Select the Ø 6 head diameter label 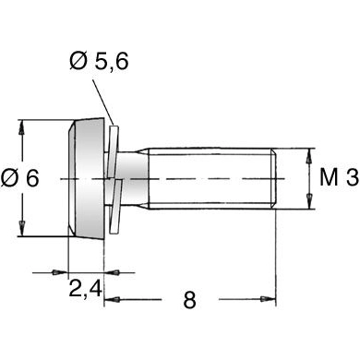pos(20,178)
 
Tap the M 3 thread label pos(337,178)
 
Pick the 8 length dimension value pos(189,300)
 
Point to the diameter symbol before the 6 pos(9,178)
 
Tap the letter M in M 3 pos(327,178)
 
